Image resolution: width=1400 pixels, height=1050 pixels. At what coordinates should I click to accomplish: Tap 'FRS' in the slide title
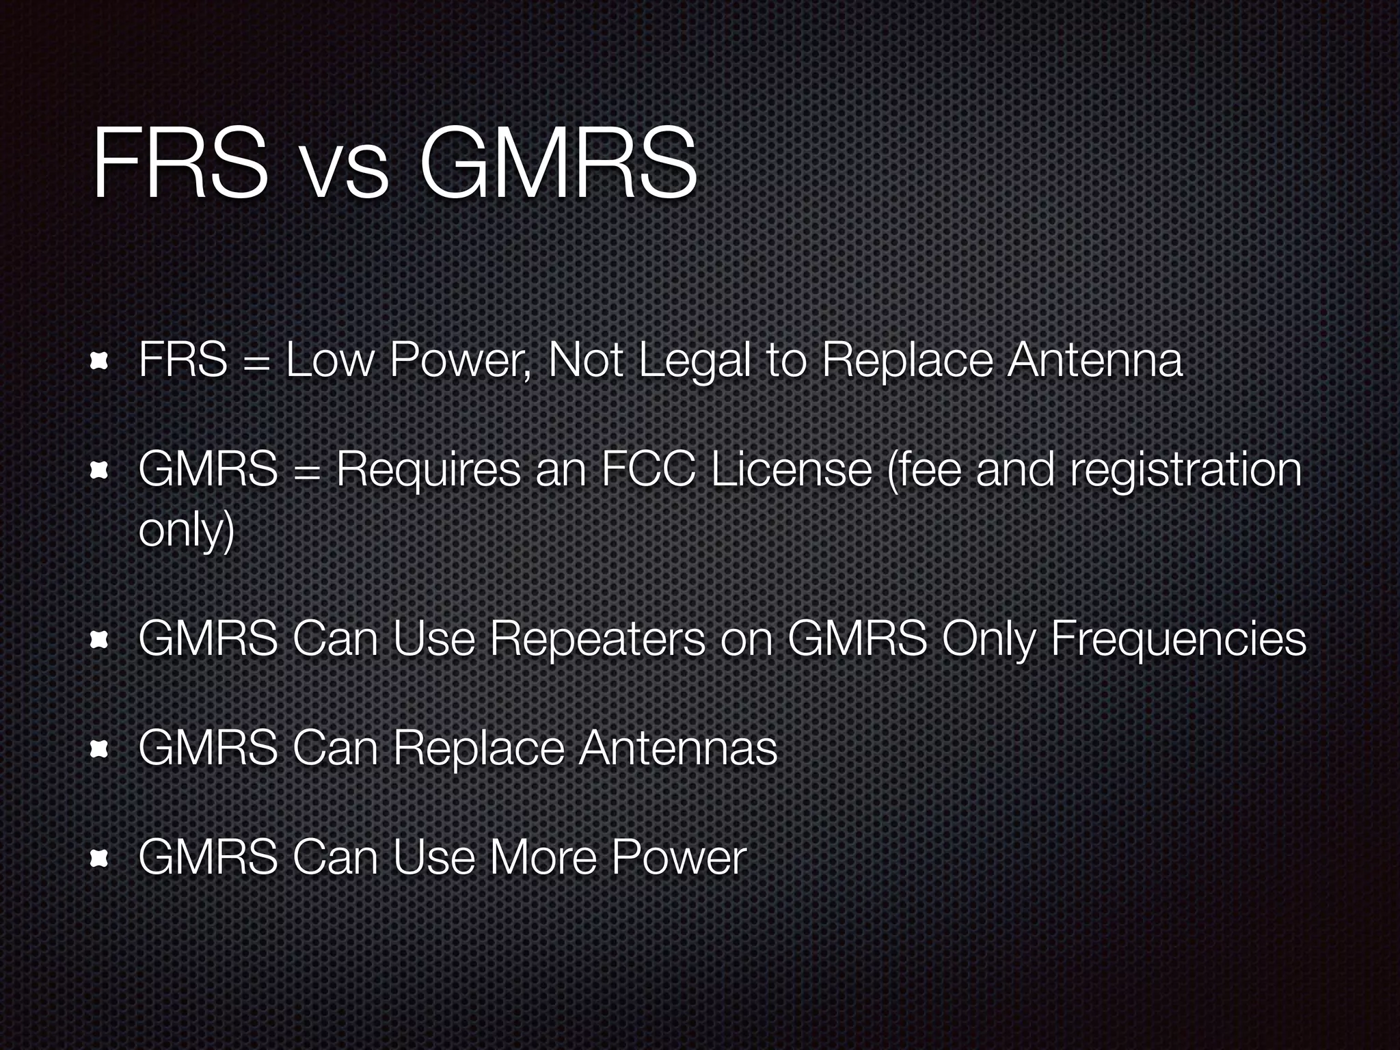coord(180,164)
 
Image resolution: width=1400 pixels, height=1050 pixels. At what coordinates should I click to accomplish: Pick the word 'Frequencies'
coord(1178,640)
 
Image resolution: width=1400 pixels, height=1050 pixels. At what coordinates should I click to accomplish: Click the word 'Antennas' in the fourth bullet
coord(678,748)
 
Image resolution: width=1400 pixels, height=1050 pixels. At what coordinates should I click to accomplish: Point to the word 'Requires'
coord(427,472)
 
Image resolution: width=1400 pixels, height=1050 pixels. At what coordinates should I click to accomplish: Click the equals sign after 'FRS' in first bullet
coord(256,362)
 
